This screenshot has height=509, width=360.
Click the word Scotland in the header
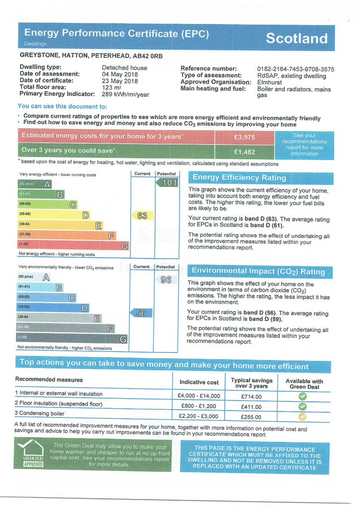296,38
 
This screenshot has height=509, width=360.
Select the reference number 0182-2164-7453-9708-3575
295,69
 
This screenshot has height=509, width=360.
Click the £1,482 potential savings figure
244,152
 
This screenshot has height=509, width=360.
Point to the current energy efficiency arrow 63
141,215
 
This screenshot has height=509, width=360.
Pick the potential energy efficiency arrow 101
167,182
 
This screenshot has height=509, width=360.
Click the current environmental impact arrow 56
141,313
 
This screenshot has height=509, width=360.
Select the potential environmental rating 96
166,280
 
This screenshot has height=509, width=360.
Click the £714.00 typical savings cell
251,396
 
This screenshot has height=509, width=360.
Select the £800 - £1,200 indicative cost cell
198,406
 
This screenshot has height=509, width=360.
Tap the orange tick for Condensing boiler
302,417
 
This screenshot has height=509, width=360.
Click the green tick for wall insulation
302,396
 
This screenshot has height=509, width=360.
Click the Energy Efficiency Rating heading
240,177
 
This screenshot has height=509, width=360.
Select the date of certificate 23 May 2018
120,81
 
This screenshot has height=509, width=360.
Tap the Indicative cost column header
199,382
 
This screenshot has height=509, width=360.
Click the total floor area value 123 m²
112,87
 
